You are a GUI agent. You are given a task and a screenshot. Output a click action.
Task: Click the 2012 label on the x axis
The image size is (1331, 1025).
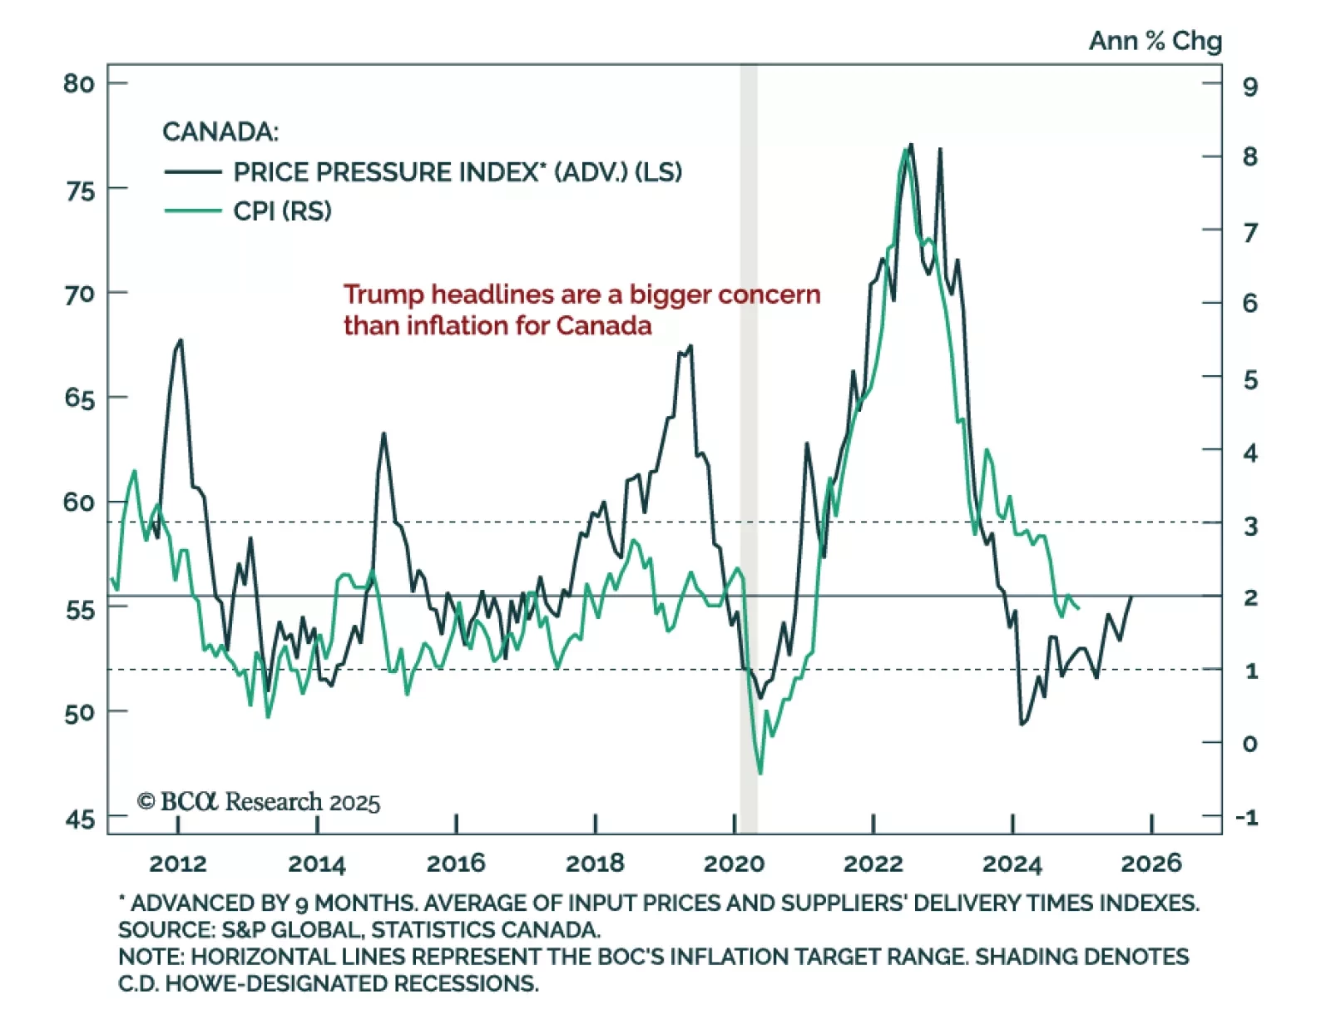(x=178, y=864)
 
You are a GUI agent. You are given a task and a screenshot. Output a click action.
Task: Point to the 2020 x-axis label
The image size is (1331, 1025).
(x=734, y=864)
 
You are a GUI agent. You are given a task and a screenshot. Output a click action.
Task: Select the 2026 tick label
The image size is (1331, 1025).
(x=1150, y=864)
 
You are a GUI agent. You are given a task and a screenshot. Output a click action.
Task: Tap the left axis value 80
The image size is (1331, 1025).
(x=79, y=83)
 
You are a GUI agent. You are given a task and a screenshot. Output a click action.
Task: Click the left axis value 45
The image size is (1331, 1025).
(x=80, y=820)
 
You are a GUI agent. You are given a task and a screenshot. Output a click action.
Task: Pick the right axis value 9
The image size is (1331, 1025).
(x=1249, y=87)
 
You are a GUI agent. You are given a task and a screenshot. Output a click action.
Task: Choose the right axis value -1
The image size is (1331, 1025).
(x=1247, y=817)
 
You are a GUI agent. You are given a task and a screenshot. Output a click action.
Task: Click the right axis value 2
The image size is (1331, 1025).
(x=1249, y=597)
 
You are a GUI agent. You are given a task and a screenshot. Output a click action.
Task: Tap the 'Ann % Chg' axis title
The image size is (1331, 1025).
(x=1155, y=41)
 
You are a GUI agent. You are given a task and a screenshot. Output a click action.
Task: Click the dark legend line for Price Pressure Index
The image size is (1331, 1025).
(x=193, y=172)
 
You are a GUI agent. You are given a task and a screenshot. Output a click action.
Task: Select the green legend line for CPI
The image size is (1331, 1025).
(x=193, y=211)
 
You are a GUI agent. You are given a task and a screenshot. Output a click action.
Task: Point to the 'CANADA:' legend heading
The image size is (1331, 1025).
(x=220, y=131)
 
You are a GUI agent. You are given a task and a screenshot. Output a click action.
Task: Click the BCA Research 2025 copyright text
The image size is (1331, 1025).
(x=259, y=801)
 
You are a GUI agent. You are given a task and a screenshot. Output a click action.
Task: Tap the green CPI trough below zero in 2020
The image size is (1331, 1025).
(x=760, y=773)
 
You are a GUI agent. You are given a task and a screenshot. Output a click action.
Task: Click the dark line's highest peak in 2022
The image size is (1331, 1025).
(x=911, y=145)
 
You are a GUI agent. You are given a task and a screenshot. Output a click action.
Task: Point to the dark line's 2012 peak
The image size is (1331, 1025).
(x=181, y=340)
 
